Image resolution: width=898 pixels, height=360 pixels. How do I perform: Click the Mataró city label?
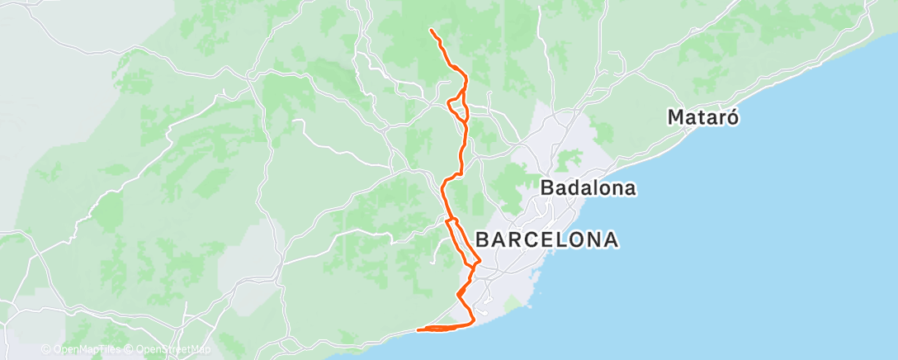click(702, 117)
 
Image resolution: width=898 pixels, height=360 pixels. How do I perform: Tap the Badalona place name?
click(588, 189)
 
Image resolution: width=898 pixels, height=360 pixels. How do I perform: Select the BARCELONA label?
click(546, 240)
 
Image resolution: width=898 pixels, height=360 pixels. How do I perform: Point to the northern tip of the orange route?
click(431, 30)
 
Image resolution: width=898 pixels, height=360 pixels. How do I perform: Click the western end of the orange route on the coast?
click(419, 330)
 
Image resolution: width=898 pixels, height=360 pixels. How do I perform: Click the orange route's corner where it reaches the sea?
click(473, 322)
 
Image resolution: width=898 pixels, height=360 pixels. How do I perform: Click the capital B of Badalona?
click(546, 189)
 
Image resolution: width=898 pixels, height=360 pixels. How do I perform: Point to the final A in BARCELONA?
click(610, 240)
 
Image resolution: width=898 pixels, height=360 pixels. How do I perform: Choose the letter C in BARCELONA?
click(526, 240)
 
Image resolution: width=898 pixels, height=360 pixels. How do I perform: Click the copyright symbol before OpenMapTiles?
click(45, 350)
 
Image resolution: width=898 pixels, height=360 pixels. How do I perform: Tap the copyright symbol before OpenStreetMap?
click(130, 350)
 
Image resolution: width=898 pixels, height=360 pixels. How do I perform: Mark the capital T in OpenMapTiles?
click(98, 350)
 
